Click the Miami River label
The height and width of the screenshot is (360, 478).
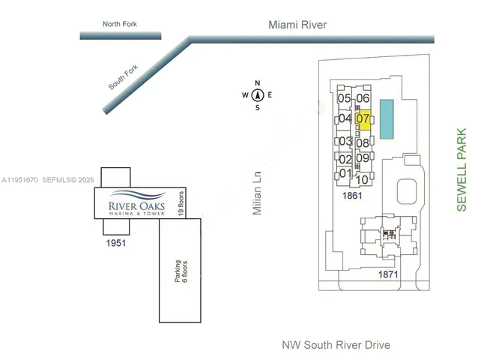297,25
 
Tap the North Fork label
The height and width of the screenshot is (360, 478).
120,25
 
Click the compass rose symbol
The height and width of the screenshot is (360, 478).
257,95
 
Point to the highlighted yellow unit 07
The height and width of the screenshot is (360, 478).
363,118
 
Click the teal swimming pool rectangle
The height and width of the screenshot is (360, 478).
387,118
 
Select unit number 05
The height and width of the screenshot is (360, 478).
345,98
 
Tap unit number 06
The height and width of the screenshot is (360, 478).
363,98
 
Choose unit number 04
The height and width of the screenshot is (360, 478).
345,118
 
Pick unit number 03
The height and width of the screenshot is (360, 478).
345,141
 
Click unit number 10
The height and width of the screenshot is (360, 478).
361,179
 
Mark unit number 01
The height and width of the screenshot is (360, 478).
345,173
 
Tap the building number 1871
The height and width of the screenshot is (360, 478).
387,275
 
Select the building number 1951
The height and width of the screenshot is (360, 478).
115,243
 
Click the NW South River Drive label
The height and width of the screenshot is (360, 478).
336,345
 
